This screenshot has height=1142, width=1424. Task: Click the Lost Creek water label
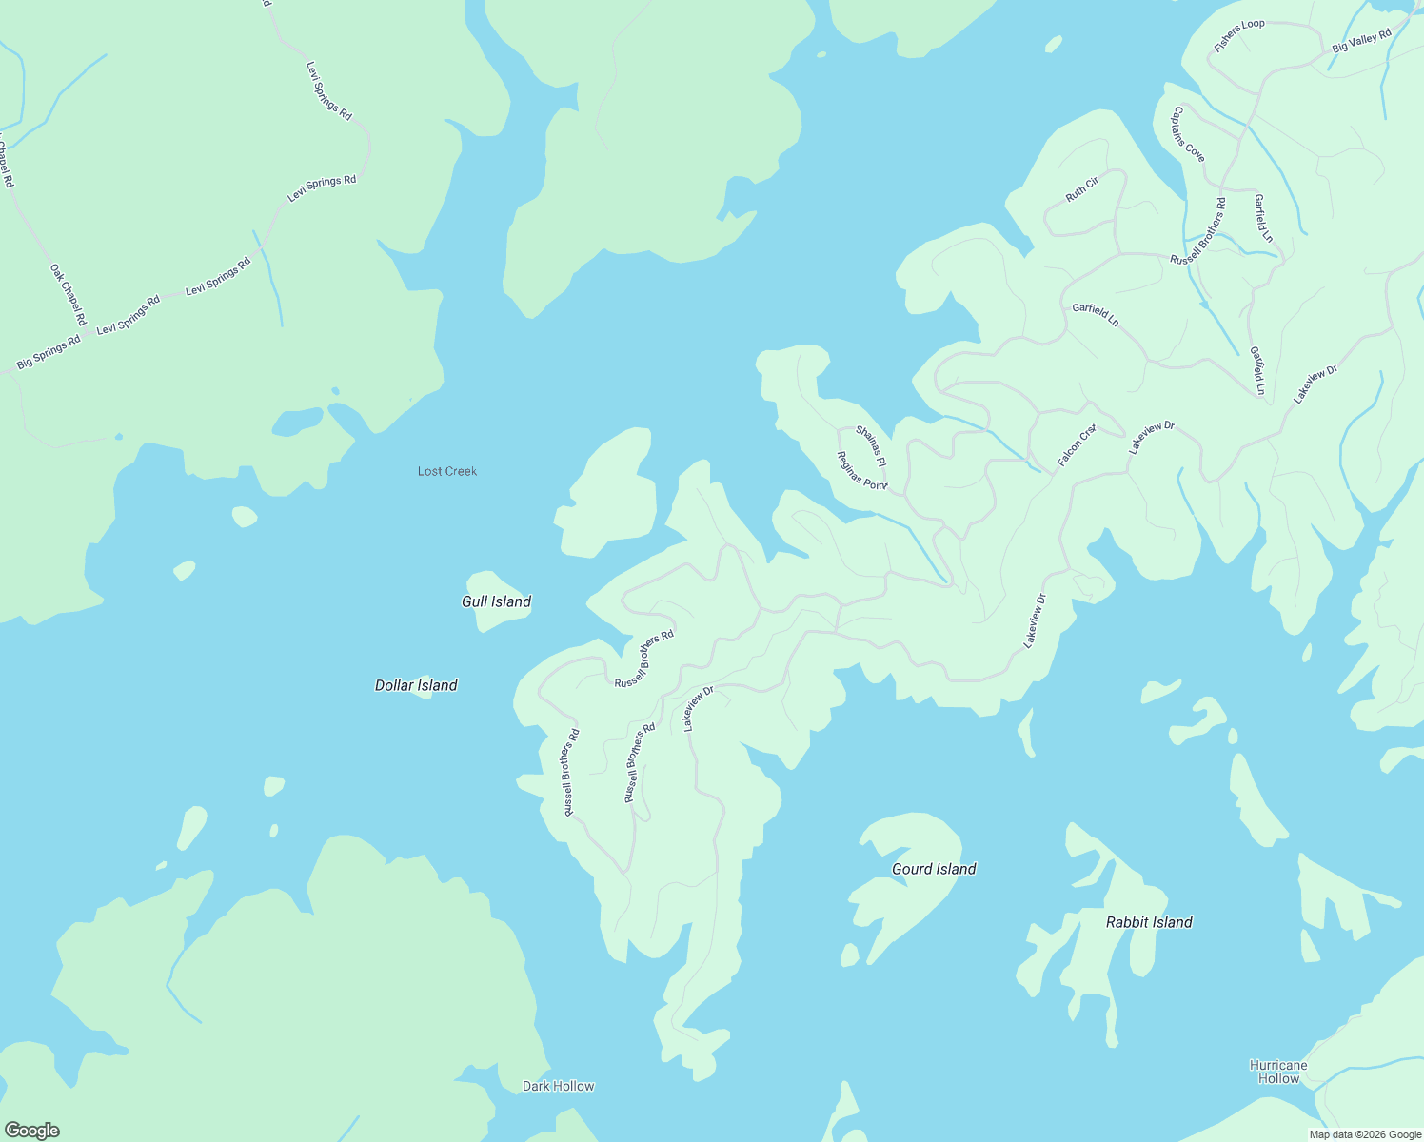point(447,471)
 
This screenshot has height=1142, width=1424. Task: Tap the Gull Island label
point(496,601)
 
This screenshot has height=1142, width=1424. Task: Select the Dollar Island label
point(416,685)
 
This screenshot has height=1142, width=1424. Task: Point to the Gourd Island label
point(934,869)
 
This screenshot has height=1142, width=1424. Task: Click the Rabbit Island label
point(1149,922)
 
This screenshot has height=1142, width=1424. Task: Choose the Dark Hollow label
point(558,1086)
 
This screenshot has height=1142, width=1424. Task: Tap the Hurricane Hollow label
point(1278,1072)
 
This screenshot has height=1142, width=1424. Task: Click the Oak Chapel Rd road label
point(69,294)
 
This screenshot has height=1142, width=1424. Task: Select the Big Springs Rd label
point(49,352)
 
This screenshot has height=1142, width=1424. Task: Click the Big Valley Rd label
point(1361,40)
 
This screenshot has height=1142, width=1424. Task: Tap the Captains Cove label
point(1188,133)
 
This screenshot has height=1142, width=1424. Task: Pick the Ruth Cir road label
point(1082,188)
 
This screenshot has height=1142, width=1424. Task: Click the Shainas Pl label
point(871,445)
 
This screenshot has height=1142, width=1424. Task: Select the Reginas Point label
point(861,469)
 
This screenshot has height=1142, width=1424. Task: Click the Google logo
point(31,1131)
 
